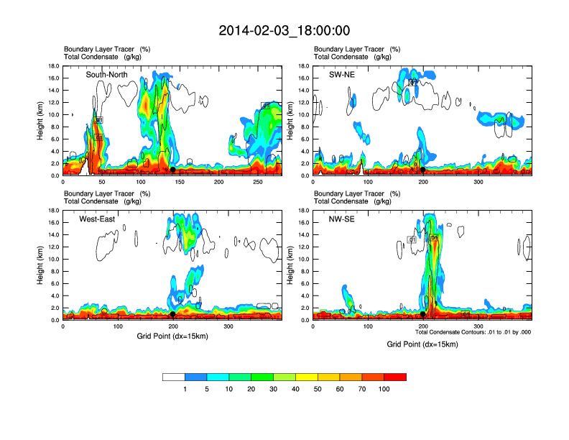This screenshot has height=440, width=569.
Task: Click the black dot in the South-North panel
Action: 172,170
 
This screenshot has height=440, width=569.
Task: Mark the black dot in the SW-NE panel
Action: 422,170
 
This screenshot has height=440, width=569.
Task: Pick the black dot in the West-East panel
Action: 172,314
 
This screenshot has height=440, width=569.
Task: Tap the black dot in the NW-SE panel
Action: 422,314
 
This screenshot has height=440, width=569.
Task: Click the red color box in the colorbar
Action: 395,377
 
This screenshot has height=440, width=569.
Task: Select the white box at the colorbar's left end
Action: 173,377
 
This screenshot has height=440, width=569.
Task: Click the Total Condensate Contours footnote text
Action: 473,333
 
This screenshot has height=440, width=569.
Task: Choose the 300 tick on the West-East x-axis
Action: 228,327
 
